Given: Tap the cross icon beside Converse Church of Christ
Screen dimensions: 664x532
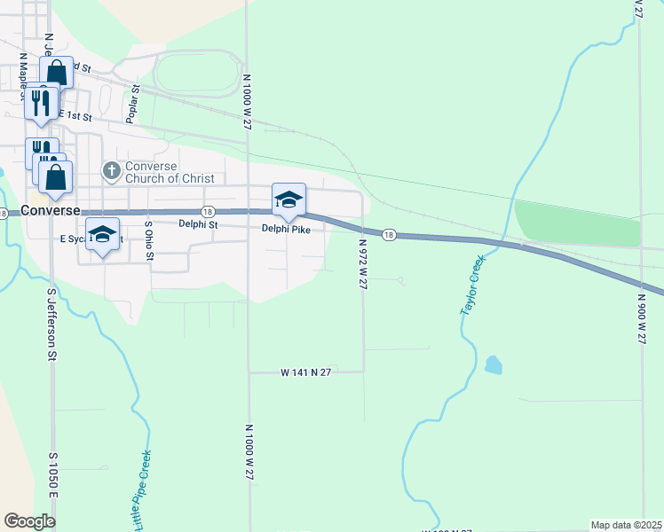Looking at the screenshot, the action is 111,169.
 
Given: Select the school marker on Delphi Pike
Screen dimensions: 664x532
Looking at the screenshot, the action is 289,202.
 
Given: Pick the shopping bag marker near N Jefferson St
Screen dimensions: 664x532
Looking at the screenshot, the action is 56,73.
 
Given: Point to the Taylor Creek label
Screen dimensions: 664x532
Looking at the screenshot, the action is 472,286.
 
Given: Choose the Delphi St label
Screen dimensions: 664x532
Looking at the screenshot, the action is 198,224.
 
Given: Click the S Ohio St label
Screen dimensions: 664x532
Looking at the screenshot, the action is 150,241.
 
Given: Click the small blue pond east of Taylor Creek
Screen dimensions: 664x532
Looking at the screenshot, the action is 493,364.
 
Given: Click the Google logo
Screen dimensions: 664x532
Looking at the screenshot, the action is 29,521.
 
